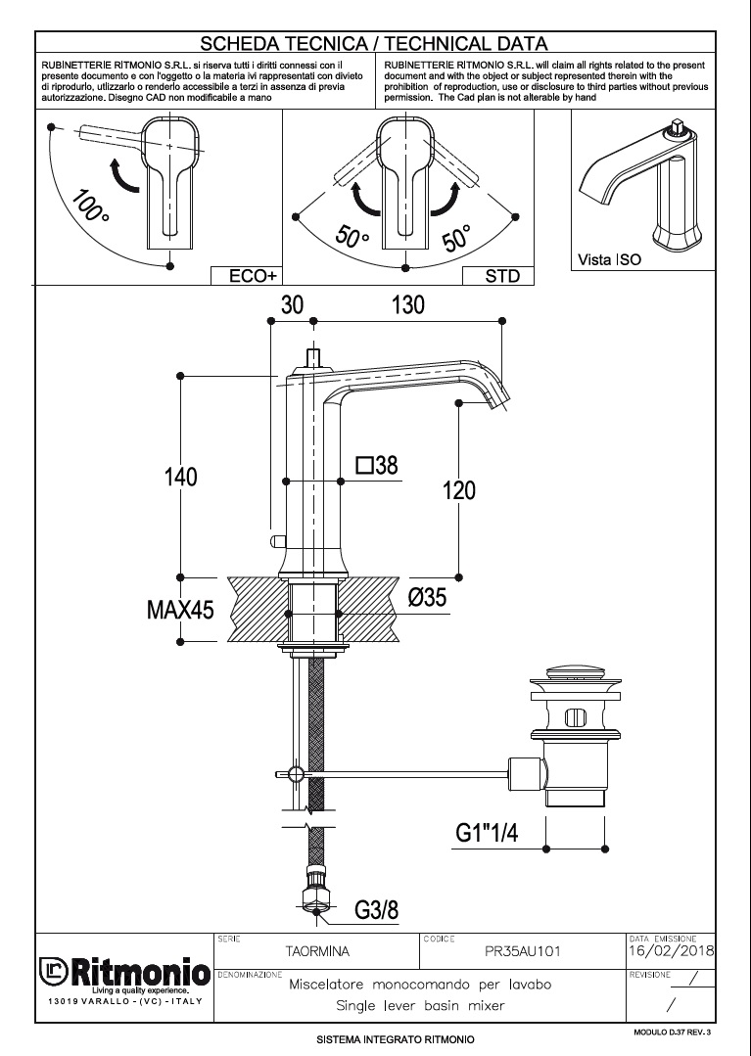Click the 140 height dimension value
[180, 478]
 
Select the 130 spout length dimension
[408, 305]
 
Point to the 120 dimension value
[459, 489]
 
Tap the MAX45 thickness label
[180, 611]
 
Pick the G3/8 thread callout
[376, 910]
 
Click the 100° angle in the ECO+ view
[90, 206]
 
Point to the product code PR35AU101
[524, 950]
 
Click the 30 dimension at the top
[292, 305]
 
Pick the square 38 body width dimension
[377, 466]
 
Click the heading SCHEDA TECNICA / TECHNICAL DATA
[374, 43]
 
